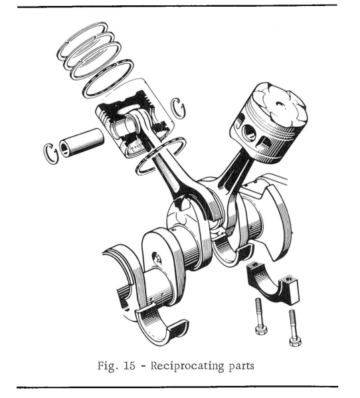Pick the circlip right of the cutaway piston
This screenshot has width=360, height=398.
[x=177, y=106]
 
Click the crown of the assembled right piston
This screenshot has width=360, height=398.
[x=270, y=102]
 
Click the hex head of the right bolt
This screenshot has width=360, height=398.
[x=295, y=340]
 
